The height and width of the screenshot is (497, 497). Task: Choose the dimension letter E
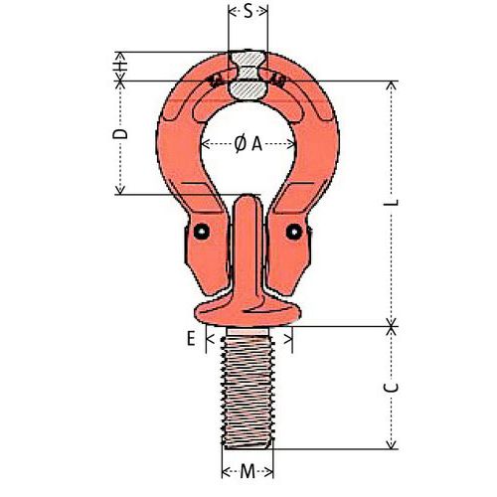190,339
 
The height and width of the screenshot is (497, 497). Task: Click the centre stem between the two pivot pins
248,248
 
